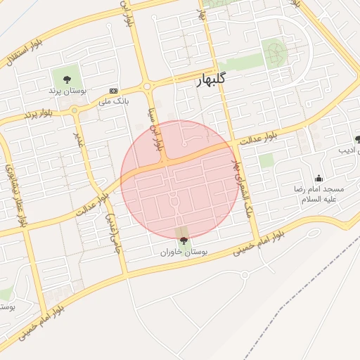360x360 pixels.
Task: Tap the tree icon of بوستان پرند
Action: point(67,79)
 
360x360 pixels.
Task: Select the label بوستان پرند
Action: point(67,91)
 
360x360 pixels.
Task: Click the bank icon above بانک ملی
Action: point(113,91)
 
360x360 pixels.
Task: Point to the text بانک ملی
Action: point(113,101)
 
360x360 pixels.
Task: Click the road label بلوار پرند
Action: point(39,112)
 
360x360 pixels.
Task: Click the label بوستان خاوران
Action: point(184,251)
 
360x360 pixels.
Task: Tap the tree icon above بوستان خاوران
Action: point(184,241)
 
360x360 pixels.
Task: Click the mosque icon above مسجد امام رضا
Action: point(319,179)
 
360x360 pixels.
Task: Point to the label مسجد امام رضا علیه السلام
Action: point(319,194)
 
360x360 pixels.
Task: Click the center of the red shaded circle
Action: point(179,179)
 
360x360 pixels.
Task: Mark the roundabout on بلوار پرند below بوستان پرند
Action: point(74,110)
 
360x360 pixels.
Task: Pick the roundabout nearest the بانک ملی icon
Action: point(147,87)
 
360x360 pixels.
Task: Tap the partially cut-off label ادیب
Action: point(348,150)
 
